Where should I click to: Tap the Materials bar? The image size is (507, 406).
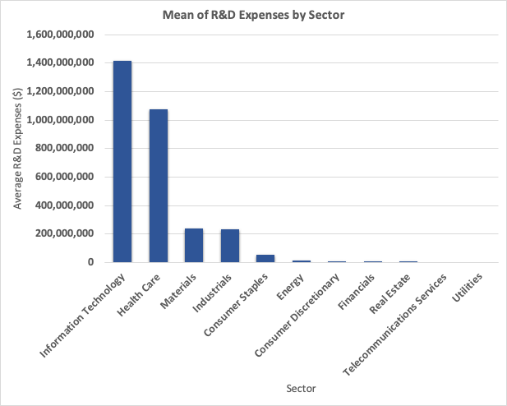click(194, 245)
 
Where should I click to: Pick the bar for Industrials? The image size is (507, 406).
click(230, 246)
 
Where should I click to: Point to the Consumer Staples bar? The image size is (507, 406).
click(265, 258)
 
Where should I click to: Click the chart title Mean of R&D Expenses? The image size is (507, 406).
click(253, 15)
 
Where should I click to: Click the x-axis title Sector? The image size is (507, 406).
click(300, 387)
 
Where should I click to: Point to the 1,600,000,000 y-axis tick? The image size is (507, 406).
click(61, 35)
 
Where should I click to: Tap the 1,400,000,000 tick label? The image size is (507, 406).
click(61, 63)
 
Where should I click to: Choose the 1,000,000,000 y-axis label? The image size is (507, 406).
click(61, 120)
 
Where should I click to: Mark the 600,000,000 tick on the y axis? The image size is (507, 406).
click(65, 177)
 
